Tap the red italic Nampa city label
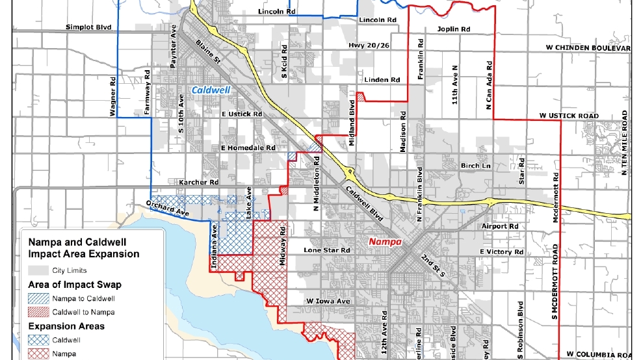click(384, 242)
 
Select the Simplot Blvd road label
click(88, 27)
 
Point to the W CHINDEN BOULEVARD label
click(588, 49)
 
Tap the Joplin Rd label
click(453, 29)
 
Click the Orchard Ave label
click(167, 209)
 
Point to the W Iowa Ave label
click(328, 302)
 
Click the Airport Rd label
click(499, 226)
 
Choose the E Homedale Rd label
click(248, 148)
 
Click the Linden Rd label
click(382, 80)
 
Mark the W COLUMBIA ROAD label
click(598, 354)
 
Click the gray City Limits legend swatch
click(38, 270)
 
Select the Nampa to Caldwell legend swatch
click(38, 299)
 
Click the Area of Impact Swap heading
click(74, 285)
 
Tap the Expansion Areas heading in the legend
click(66, 326)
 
